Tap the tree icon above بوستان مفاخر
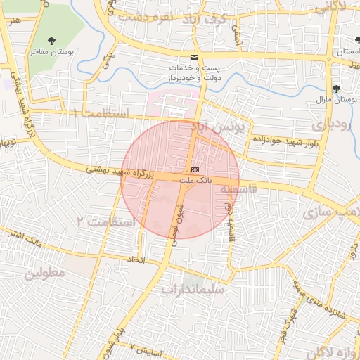click(54, 41)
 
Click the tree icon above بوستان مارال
click(337, 89)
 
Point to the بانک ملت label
click(195, 181)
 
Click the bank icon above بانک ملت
click(195, 170)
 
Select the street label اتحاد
click(135, 260)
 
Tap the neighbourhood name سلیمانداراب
click(192, 289)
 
